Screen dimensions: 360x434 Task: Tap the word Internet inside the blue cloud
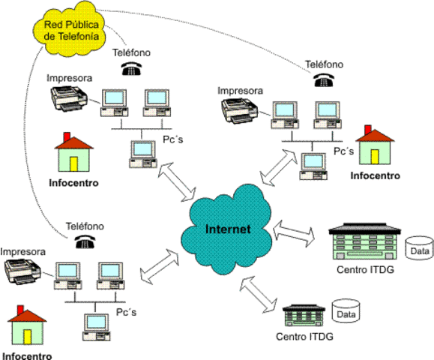[228, 229]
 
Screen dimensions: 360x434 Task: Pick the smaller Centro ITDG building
[307, 314]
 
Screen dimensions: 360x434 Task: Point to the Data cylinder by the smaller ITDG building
[346, 313]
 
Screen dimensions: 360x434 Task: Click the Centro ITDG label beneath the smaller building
[304, 337]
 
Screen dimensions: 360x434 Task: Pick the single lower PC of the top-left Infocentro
[142, 154]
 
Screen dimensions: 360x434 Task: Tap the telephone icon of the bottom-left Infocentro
[84, 241]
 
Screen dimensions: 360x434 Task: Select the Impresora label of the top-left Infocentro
[70, 78]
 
